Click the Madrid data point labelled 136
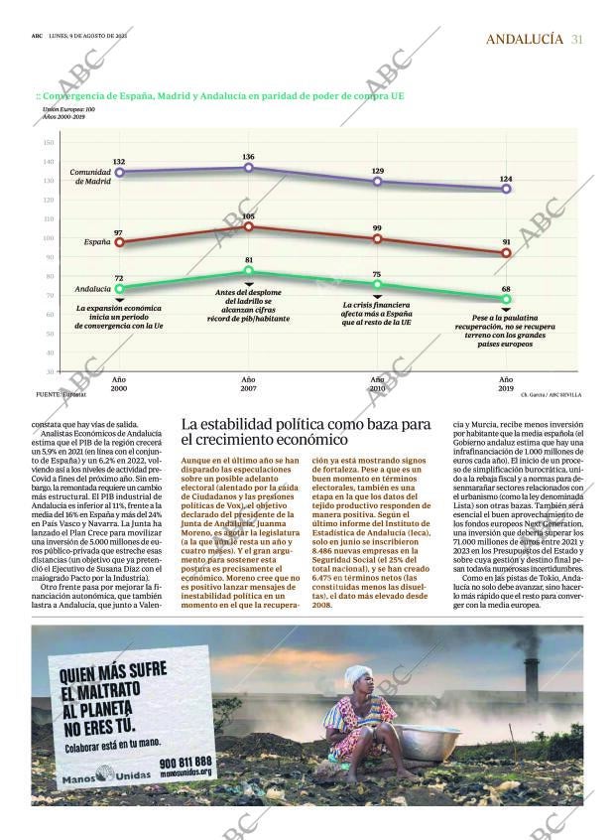(248, 167)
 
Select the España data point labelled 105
(248, 226)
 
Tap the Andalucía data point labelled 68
(506, 299)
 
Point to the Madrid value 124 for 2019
(506, 179)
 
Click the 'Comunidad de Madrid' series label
(90, 177)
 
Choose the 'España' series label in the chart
(97, 241)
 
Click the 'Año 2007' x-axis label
(248, 385)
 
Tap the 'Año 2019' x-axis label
(506, 385)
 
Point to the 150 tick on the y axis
(48, 142)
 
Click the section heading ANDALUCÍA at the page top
(526, 40)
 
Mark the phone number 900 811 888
(185, 762)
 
